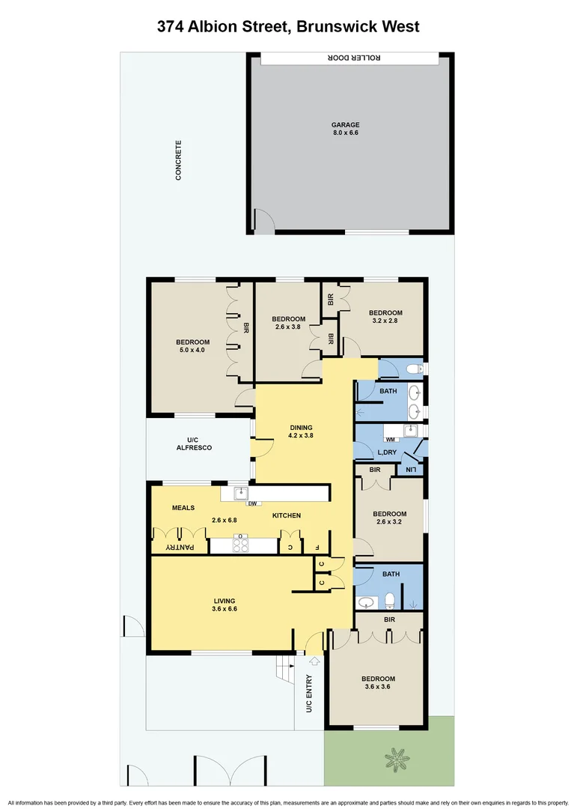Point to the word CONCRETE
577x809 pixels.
click(178, 160)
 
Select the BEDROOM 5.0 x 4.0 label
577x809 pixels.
click(191, 345)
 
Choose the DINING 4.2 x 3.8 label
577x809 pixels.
click(302, 432)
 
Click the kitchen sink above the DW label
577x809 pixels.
click(241, 493)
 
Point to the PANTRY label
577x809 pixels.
click(180, 548)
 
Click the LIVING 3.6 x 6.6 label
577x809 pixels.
click(224, 605)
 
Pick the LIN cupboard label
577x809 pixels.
click(411, 470)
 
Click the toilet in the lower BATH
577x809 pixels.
click(390, 600)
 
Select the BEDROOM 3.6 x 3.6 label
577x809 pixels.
click(379, 683)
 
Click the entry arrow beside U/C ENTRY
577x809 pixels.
click(314, 661)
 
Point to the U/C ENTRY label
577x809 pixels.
click(308, 694)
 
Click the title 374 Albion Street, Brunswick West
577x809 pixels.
click(288, 26)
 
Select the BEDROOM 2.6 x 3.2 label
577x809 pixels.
click(389, 518)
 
